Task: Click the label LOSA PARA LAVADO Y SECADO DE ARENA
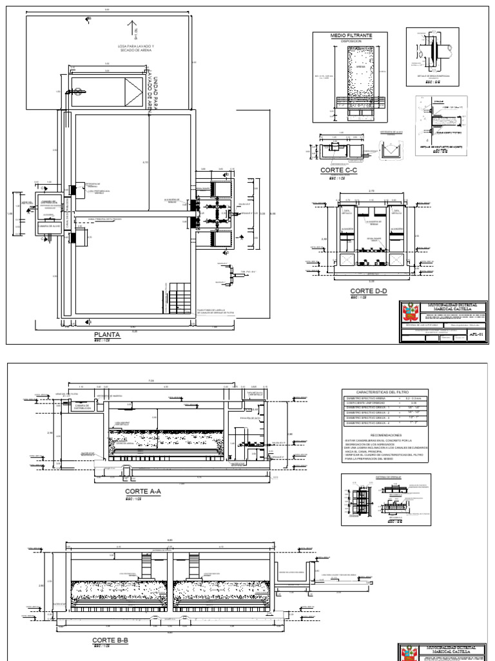pos(135,50)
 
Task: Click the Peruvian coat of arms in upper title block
pos(408,314)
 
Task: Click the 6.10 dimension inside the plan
pos(146,163)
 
